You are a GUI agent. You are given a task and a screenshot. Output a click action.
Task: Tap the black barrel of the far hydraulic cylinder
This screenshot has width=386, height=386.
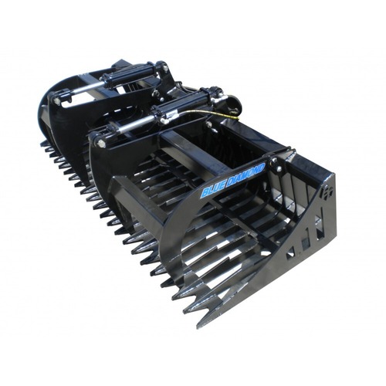[123, 75]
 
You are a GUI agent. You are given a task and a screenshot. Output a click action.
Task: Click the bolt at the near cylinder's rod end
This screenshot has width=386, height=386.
[100, 144]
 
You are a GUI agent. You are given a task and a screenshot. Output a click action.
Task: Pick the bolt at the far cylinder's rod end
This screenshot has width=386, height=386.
[58, 101]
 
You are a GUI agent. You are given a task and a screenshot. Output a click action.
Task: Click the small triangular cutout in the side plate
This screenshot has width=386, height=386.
[290, 252]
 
